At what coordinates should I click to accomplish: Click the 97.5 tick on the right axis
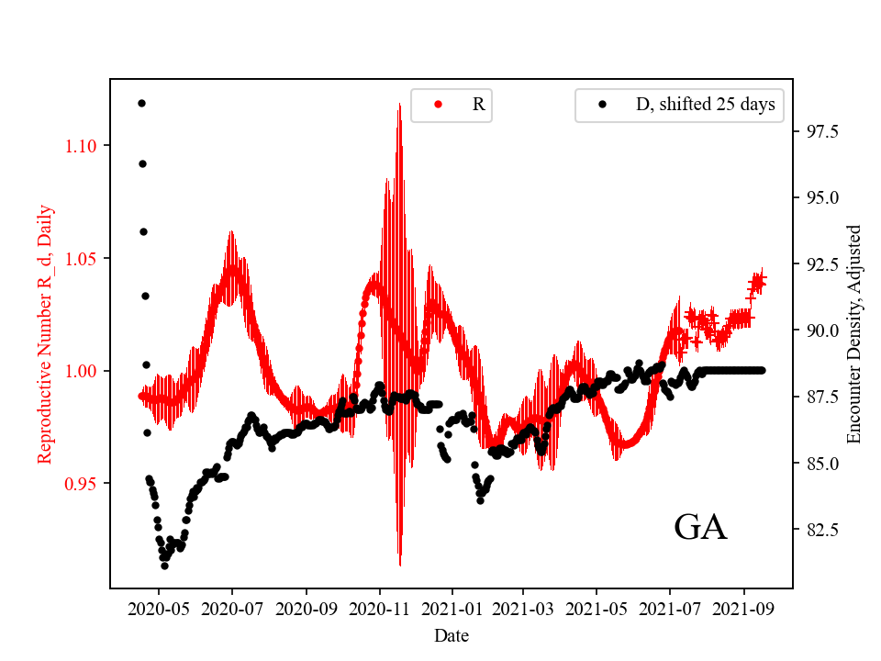coord(821,132)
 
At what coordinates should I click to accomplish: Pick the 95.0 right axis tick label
coord(821,198)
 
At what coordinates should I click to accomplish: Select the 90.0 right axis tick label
coord(821,330)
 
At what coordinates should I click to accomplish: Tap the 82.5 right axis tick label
coord(821,530)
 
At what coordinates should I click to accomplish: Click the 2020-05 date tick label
coord(159,608)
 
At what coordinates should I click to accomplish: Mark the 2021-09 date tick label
coord(743,608)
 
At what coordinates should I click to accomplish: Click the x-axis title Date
coord(452,634)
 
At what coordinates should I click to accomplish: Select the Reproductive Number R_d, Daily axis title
coord(45,333)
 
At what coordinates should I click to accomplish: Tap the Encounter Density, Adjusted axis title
coord(854,333)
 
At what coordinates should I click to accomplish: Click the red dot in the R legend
coord(438,105)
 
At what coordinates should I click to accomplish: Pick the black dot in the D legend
coord(602,105)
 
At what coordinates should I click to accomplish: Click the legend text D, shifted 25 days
coord(705,105)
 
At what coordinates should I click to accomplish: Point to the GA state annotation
coord(700,527)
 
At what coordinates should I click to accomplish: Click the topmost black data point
coord(141,103)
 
